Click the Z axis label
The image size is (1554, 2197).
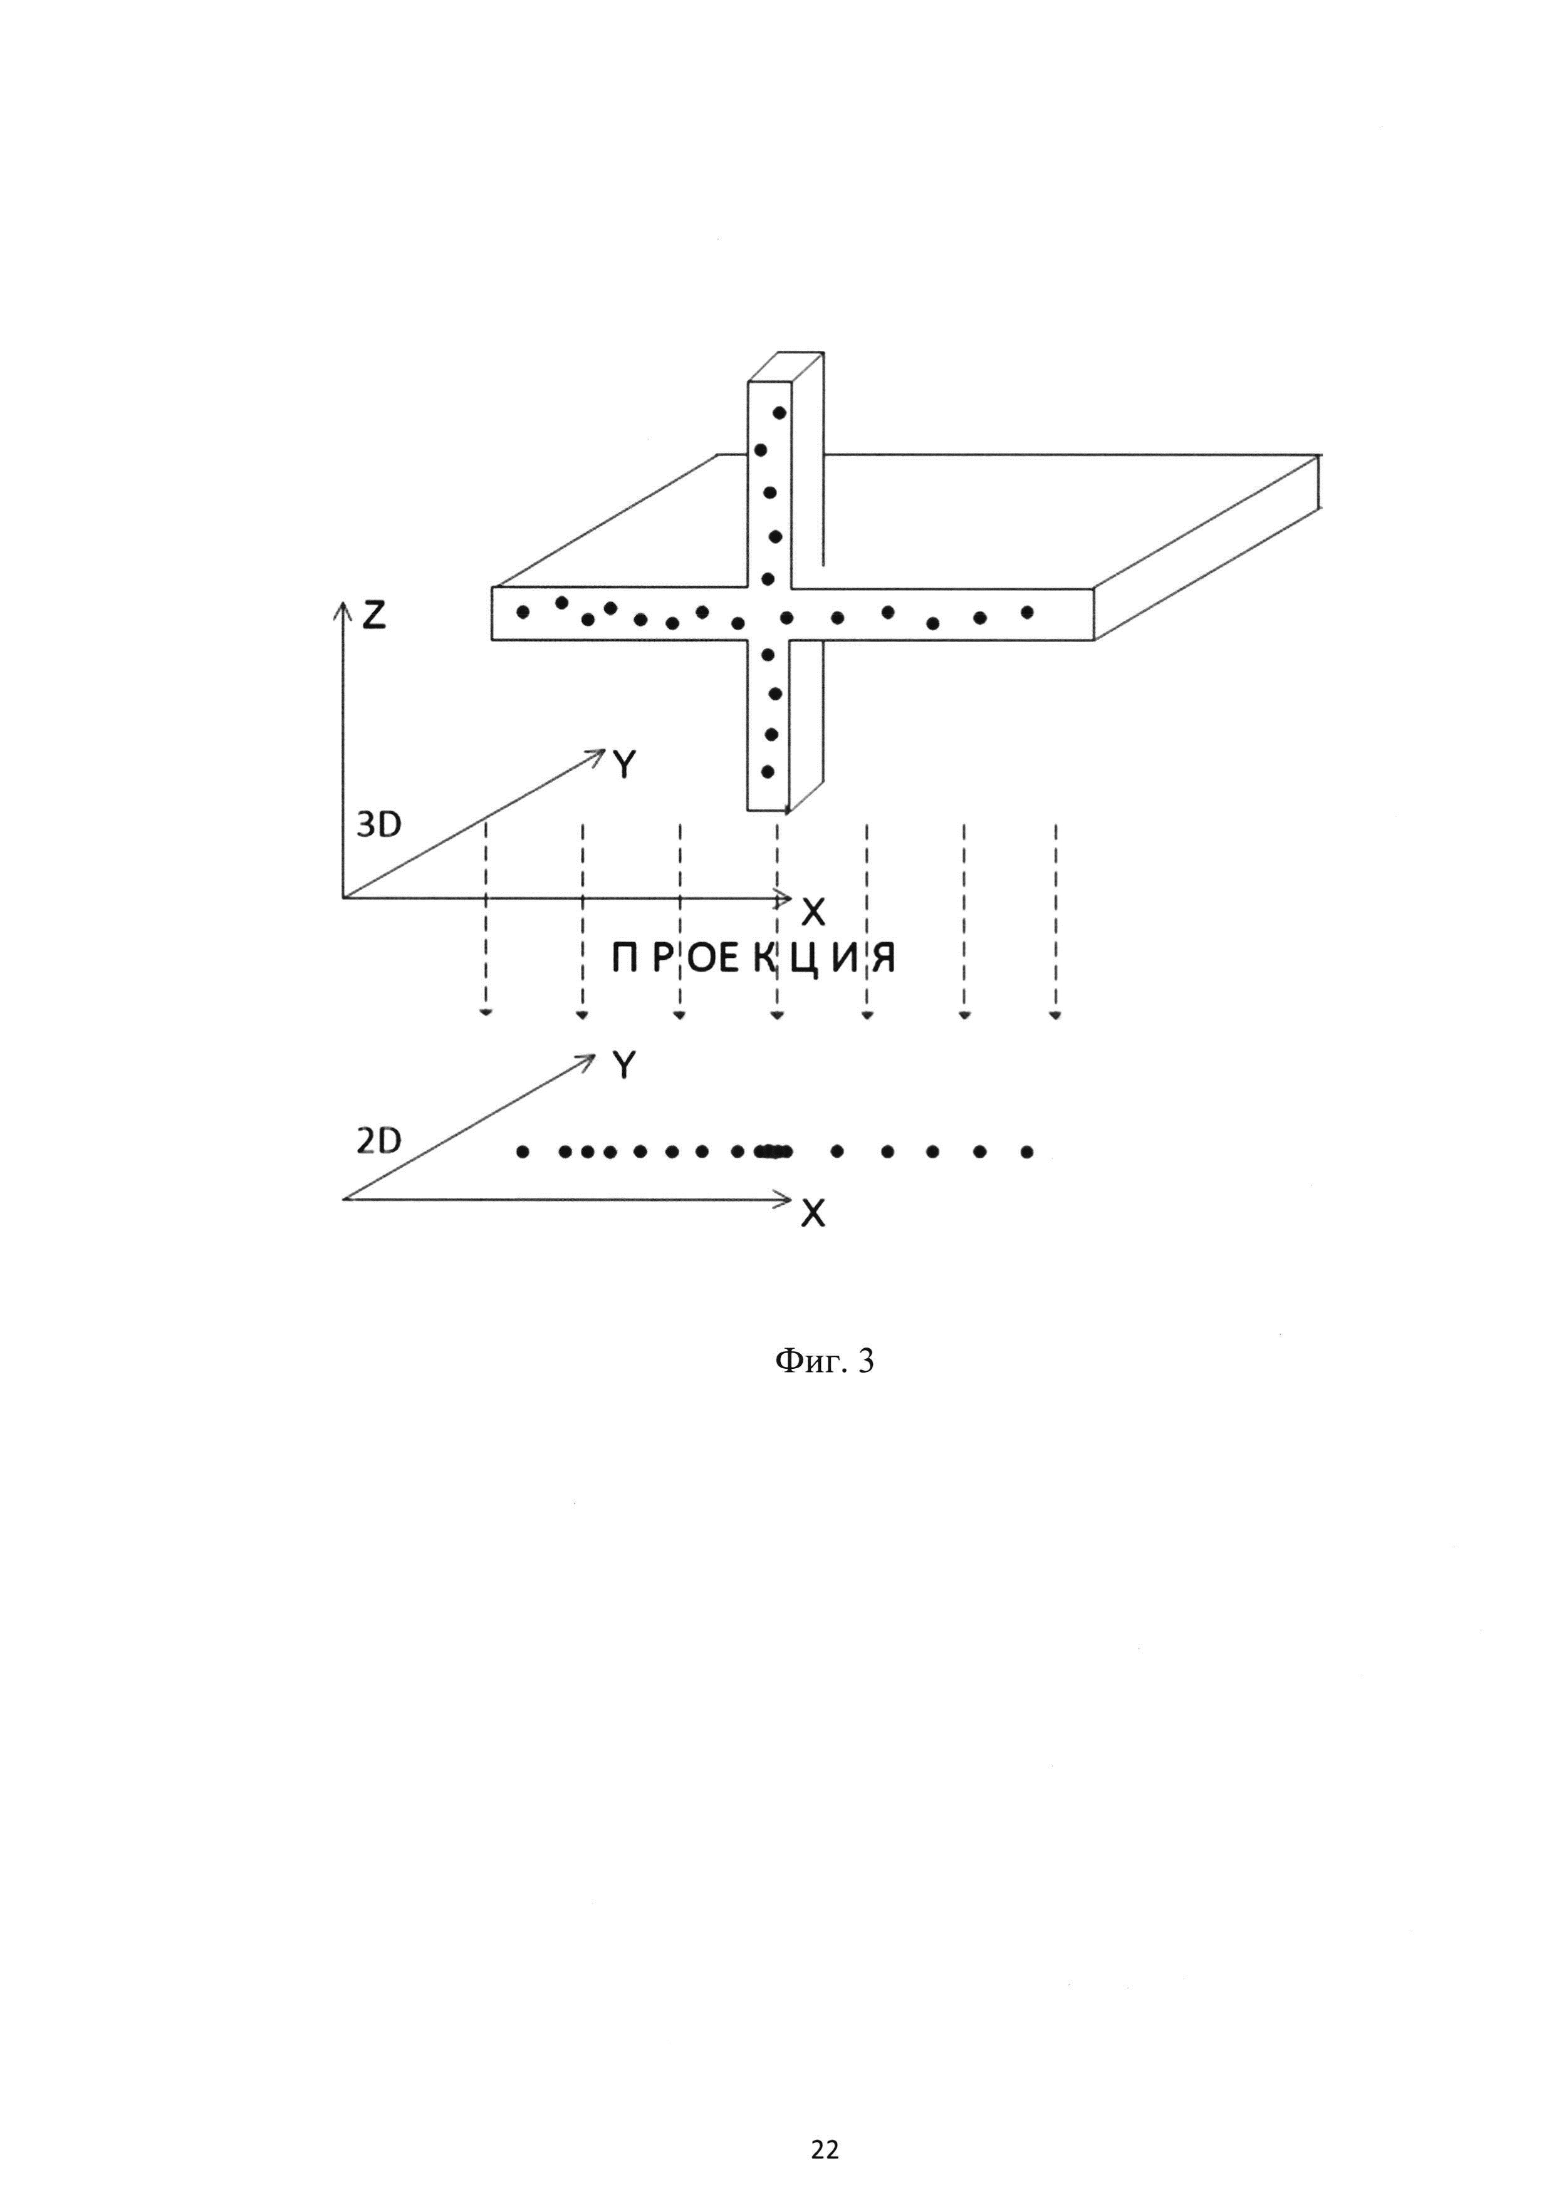(x=373, y=615)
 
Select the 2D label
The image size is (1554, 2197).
(x=379, y=1141)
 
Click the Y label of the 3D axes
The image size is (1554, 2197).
(x=624, y=764)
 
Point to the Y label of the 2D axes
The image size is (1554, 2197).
(x=624, y=1064)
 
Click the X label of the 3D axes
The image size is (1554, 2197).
(x=813, y=913)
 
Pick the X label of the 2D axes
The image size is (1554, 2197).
(x=813, y=1214)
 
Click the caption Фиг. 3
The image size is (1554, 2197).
(x=823, y=1361)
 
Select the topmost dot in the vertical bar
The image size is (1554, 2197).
(x=780, y=412)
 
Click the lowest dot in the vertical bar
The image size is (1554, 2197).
(x=768, y=771)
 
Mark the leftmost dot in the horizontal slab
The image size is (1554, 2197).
(x=523, y=611)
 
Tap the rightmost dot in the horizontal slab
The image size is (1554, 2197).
(x=1027, y=611)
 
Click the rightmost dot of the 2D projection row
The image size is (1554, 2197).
(x=1027, y=1152)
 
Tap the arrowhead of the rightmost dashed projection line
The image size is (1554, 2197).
(x=1055, y=1014)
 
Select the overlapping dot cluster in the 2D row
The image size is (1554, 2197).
(x=773, y=1152)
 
